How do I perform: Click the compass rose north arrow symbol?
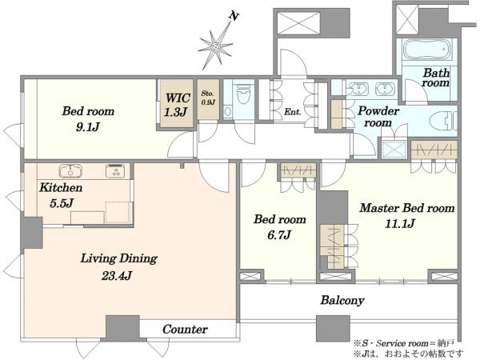pos(217,46)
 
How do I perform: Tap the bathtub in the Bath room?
pos(427,50)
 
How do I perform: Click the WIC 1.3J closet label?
pos(178,105)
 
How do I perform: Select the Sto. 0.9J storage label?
pos(208,98)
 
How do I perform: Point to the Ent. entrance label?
pos(292,112)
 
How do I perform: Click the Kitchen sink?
pos(70,171)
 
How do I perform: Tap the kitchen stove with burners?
pos(115,171)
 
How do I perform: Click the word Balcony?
pos(342,300)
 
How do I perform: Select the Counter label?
pos(185,330)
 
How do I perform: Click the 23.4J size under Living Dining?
pos(117,276)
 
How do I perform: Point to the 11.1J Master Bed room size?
pos(400,223)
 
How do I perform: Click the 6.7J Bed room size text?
pos(279,234)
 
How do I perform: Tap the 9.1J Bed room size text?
pos(88,126)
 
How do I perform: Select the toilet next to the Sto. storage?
pos(243,93)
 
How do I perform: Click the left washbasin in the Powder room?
pos(357,89)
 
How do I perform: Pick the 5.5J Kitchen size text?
pos(62,203)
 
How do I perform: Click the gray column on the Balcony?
pos(333,329)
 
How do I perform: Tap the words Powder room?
pos(378,117)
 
